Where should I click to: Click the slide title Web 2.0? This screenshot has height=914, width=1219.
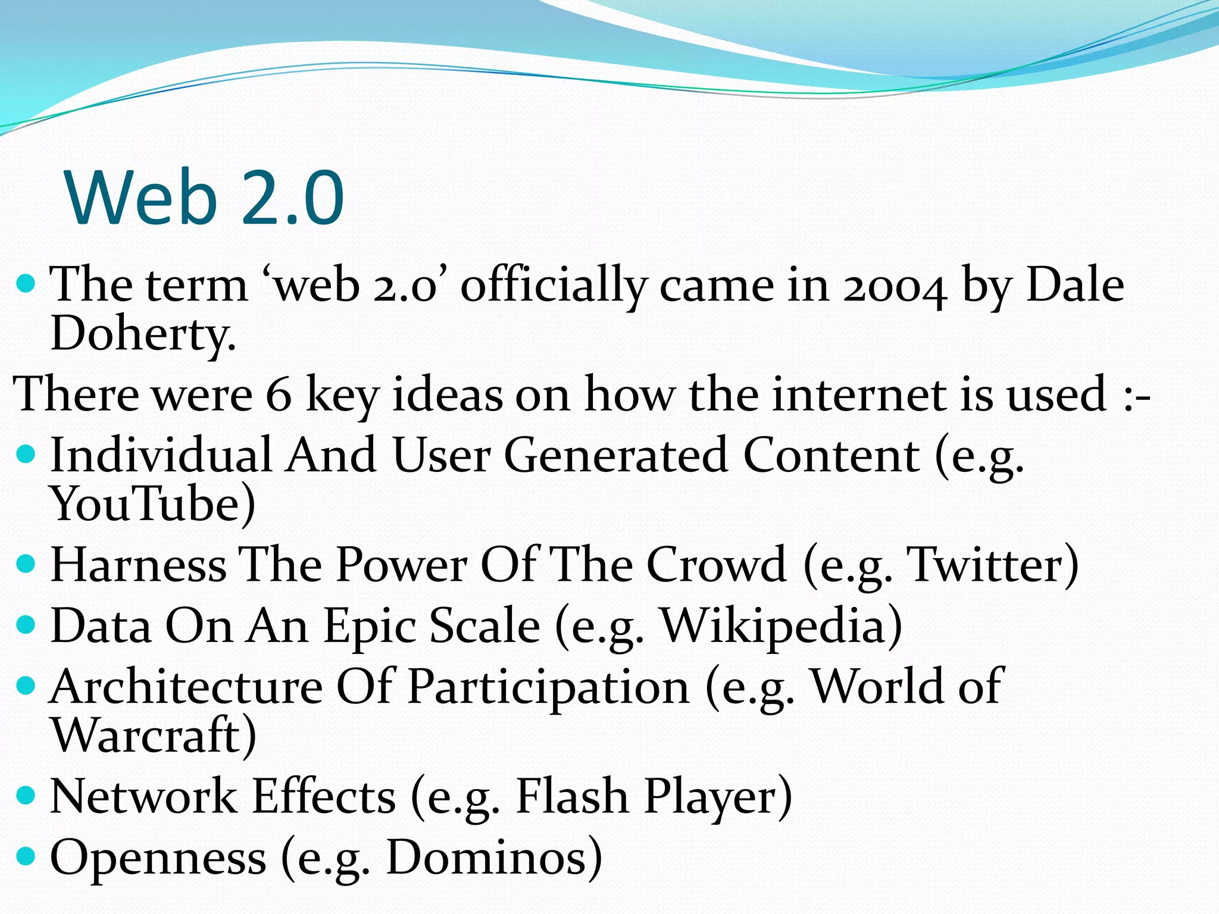pyautogui.click(x=205, y=198)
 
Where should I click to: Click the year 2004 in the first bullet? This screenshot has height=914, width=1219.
pyautogui.click(x=894, y=286)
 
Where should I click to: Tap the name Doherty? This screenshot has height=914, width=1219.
pyautogui.click(x=143, y=334)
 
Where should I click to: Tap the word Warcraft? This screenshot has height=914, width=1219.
pyautogui.click(x=146, y=735)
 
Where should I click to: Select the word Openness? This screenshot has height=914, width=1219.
pyautogui.click(x=158, y=857)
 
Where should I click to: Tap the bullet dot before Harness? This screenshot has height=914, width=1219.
pyautogui.click(x=26, y=563)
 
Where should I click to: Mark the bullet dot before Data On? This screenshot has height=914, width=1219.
pyautogui.click(x=26, y=625)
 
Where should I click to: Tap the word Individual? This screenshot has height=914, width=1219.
pyautogui.click(x=161, y=455)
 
